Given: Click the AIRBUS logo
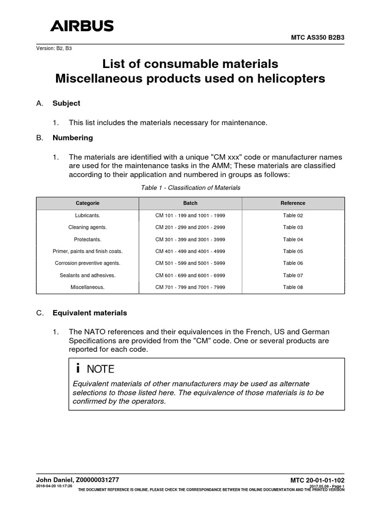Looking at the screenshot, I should point(82,26).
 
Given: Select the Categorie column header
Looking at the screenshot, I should point(87,203).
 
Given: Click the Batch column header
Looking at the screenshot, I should point(190,203).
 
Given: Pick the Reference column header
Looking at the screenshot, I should point(293,203).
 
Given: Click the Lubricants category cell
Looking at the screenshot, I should point(87,215).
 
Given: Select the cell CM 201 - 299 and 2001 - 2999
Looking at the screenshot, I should point(190,227).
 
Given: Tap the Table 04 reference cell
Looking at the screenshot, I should point(293,239).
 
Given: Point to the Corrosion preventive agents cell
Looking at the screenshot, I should point(87,263).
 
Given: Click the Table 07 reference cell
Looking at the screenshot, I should point(293,275).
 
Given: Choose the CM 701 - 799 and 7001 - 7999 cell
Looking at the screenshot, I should point(190,287).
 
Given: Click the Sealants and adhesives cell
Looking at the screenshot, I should point(87,275).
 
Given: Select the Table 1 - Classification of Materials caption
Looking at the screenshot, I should point(190,188).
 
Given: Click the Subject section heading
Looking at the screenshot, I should point(66,103).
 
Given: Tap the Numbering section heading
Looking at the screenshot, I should point(72,137).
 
